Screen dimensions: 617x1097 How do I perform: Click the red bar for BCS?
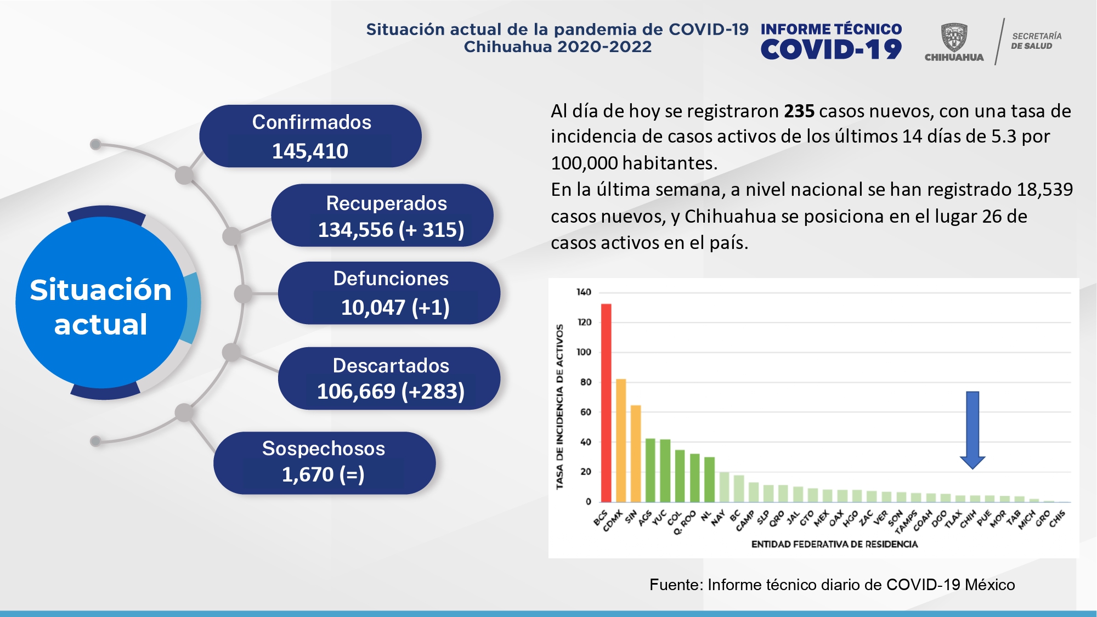tap(606, 403)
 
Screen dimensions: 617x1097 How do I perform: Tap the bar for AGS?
tap(651, 470)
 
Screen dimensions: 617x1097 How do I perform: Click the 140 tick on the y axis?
tap(584, 292)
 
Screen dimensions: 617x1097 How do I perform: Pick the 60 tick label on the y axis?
tap(586, 412)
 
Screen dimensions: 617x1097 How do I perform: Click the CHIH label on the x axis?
tap(969, 518)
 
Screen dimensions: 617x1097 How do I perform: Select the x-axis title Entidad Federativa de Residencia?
tap(834, 544)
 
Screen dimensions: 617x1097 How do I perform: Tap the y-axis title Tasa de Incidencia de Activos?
tap(559, 406)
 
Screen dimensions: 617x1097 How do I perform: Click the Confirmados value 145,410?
tap(310, 151)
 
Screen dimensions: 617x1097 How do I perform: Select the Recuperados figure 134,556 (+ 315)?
tap(391, 230)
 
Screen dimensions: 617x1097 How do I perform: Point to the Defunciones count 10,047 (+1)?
tap(395, 308)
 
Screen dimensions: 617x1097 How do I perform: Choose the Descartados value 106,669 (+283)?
tap(391, 392)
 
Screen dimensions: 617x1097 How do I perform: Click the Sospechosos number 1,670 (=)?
tap(323, 474)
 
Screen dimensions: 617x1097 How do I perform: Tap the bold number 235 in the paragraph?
tap(799, 111)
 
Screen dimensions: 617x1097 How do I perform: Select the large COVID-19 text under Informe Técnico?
tap(831, 50)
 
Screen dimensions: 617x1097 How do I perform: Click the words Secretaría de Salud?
tap(1036, 41)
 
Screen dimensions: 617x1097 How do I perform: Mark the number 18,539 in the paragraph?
tap(1044, 190)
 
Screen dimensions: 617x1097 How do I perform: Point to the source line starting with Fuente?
tap(832, 585)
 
